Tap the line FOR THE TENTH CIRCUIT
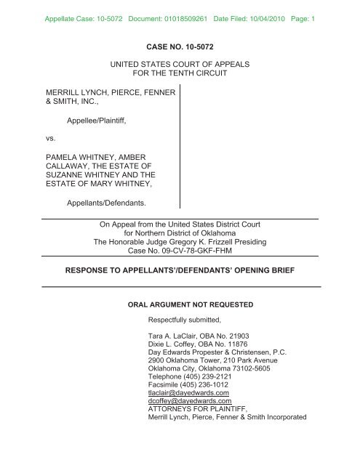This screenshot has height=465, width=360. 180,75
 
